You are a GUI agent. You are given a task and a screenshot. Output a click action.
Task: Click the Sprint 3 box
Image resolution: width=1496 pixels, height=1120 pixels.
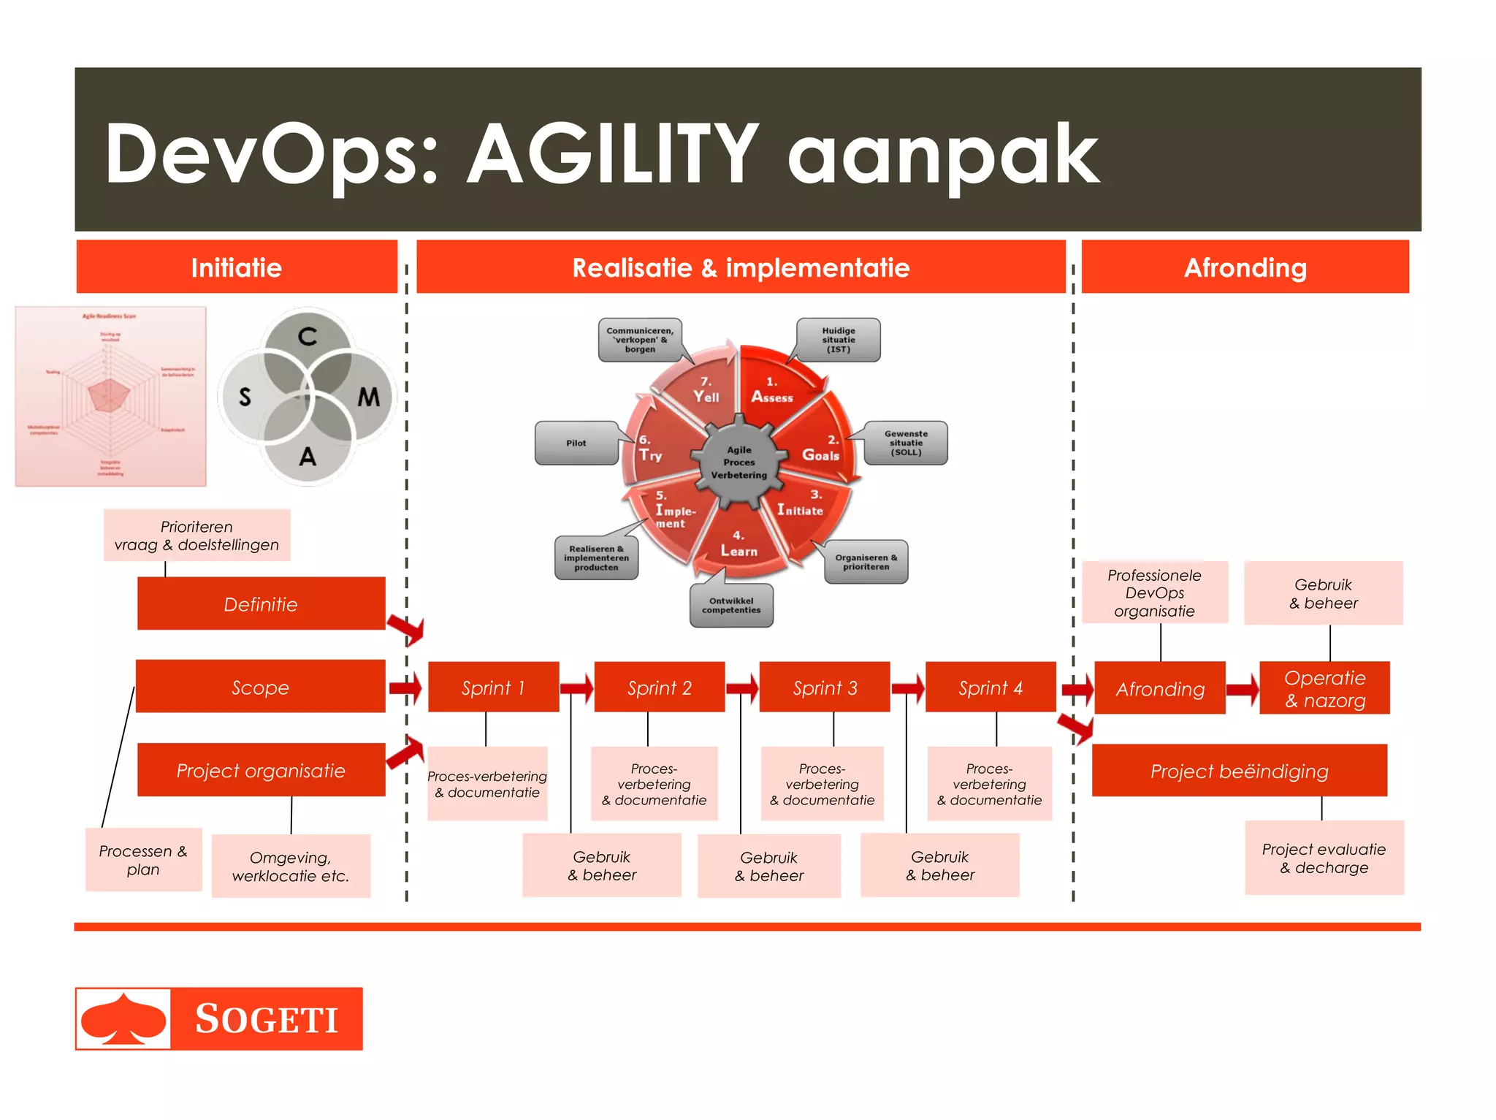click(825, 687)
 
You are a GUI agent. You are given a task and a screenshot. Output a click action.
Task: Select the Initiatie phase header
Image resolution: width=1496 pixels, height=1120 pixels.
click(237, 267)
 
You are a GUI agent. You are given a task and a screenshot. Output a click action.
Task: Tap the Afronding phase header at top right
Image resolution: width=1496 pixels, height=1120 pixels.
click(1245, 267)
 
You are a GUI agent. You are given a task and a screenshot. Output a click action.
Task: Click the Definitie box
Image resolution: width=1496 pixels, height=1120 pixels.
click(261, 603)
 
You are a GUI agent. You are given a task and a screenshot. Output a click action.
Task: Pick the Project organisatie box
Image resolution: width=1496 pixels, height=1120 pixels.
click(261, 770)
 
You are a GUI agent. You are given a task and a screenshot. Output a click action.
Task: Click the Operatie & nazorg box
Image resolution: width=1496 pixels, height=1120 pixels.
click(1324, 688)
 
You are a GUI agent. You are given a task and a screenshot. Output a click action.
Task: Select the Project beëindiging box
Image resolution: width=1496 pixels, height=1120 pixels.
click(1239, 771)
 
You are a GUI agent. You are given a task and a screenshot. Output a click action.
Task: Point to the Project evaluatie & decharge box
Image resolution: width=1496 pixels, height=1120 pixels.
click(1324, 858)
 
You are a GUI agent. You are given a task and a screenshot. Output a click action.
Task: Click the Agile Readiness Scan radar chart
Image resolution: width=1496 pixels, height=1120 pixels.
click(111, 397)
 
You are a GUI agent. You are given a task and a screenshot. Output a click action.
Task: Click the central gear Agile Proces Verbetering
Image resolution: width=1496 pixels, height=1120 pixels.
click(739, 462)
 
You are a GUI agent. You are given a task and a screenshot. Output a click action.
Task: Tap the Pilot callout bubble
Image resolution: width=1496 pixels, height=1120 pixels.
click(576, 443)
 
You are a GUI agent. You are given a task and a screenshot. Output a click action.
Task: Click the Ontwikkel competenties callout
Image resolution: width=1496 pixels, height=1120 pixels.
click(731, 606)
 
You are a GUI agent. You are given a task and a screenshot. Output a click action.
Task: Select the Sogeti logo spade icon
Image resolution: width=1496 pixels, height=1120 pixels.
click(123, 1018)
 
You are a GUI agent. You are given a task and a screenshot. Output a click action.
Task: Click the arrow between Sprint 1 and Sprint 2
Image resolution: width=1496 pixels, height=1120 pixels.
click(577, 687)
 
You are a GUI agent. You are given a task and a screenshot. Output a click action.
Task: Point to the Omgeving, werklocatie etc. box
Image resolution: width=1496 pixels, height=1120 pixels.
click(291, 866)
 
